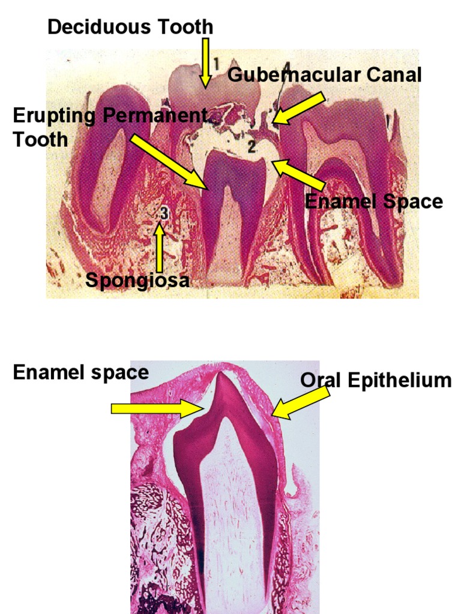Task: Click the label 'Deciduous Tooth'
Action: click(x=130, y=27)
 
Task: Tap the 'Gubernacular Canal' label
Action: click(x=325, y=75)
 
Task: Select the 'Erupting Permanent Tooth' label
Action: click(x=108, y=127)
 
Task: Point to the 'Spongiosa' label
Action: click(x=137, y=279)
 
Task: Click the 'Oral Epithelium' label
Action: click(x=376, y=380)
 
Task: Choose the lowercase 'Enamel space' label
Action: click(x=80, y=372)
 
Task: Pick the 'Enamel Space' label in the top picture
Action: click(x=373, y=201)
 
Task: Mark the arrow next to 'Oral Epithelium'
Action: click(x=300, y=402)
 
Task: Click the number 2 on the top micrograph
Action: click(x=253, y=145)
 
